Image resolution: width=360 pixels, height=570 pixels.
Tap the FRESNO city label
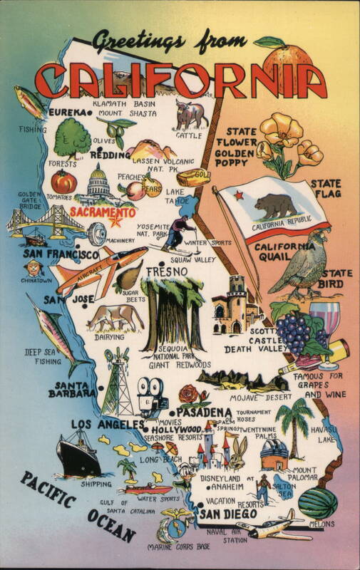tap(165, 272)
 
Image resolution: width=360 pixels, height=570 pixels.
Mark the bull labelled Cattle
tap(190, 116)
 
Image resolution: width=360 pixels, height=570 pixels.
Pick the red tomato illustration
tap(64, 182)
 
